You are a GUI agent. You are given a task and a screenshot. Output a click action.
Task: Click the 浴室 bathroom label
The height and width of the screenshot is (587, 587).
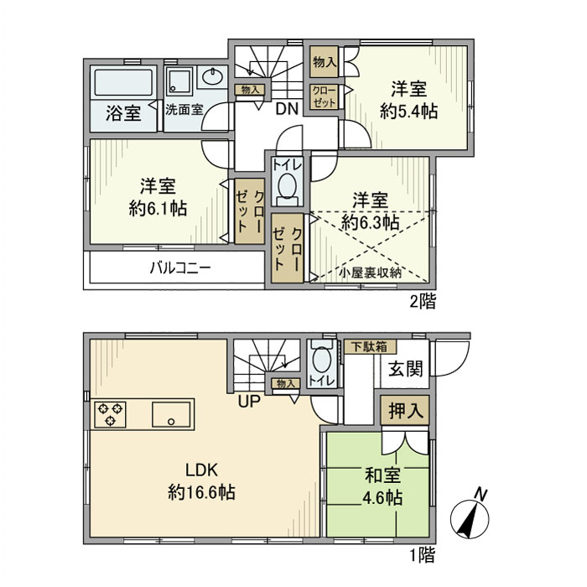122,113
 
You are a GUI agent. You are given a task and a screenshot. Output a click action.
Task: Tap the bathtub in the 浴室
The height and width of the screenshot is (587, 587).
122,84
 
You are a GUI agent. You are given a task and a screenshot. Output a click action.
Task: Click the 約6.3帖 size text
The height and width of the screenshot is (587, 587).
370,222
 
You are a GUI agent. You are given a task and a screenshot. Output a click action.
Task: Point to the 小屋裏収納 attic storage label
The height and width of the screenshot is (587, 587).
371,272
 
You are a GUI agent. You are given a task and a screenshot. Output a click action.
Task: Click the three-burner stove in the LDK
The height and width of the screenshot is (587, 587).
111,414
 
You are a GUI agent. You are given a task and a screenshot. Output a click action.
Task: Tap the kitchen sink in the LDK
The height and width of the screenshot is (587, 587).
172,414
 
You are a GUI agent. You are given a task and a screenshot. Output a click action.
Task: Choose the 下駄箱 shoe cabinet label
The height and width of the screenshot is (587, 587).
371,345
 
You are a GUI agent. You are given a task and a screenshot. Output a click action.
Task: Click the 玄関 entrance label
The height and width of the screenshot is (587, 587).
404,370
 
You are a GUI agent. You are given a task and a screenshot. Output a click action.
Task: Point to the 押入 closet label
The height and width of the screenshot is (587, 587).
404,412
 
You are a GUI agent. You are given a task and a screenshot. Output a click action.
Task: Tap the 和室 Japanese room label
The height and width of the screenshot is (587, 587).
382,475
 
